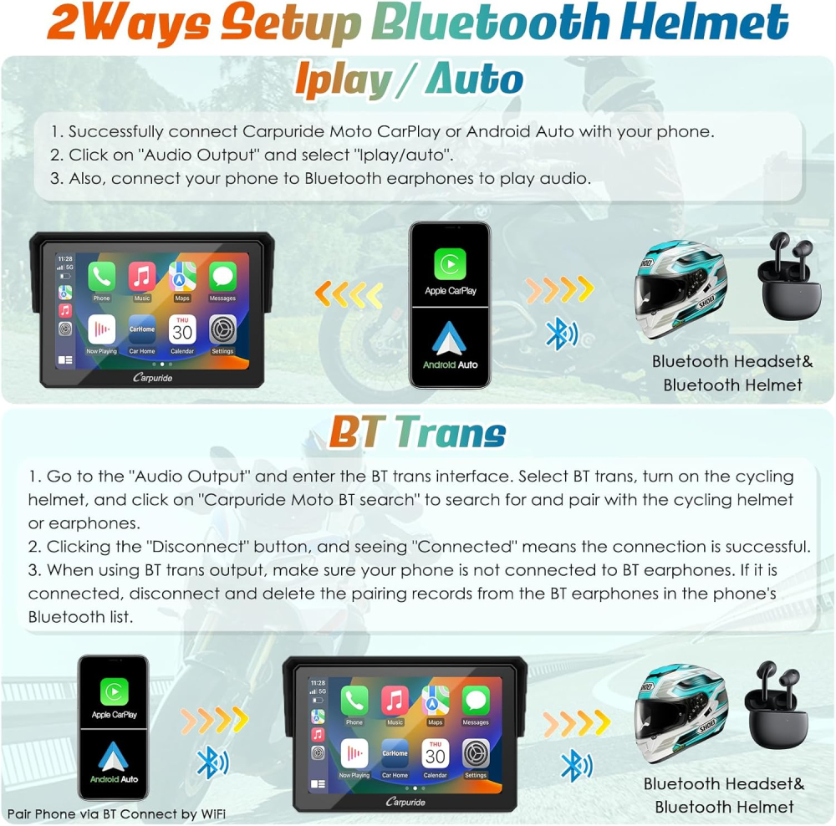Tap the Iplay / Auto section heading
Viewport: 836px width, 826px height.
[409, 80]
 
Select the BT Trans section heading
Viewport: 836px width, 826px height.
[417, 432]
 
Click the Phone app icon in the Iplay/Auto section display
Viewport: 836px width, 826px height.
[101, 276]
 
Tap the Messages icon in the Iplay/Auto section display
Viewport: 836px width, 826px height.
[222, 276]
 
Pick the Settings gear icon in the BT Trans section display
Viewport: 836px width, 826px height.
[476, 753]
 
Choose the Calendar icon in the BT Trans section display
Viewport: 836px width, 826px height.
[435, 753]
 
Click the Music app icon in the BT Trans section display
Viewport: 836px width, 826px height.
[395, 700]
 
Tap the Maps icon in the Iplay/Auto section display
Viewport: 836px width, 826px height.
[182, 276]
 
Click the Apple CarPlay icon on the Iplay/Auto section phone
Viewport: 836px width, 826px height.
[450, 264]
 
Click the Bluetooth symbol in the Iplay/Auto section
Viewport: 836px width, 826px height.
[560, 334]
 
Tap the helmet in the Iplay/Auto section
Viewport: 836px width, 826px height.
[681, 289]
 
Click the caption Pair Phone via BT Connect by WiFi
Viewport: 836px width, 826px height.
[116, 813]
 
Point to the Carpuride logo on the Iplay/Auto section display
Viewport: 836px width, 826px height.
[152, 377]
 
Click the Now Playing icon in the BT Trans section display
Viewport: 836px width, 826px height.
[354, 753]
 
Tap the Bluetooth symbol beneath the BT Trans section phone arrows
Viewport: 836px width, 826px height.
[212, 762]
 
